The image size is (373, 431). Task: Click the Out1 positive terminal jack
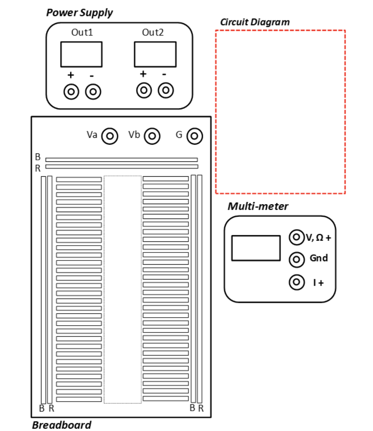click(71, 92)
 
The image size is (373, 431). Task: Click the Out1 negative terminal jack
click(93, 92)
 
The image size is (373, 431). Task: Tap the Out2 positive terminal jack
click(143, 91)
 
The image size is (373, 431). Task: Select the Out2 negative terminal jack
click(166, 91)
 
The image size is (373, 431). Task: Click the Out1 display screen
click(81, 54)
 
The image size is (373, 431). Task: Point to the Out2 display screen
click(155, 54)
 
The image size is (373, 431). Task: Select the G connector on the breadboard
click(194, 136)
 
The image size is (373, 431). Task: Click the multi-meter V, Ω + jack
click(296, 238)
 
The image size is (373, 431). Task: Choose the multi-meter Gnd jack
click(296, 260)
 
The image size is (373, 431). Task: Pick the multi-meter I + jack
click(296, 283)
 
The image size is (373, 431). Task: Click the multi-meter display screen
click(256, 248)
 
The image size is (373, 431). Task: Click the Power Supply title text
click(79, 13)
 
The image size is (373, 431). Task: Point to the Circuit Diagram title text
click(255, 22)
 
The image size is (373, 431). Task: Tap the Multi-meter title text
click(258, 206)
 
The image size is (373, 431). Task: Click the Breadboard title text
click(61, 425)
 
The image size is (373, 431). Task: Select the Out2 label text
click(153, 32)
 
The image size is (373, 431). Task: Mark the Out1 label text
click(82, 32)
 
